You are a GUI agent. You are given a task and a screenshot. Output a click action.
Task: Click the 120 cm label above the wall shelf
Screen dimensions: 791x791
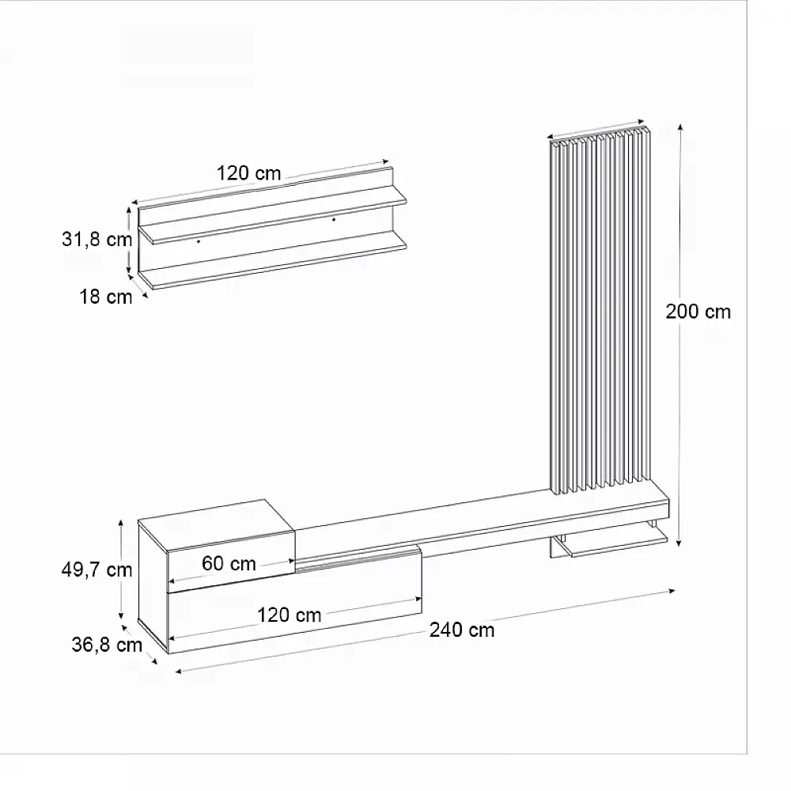249,173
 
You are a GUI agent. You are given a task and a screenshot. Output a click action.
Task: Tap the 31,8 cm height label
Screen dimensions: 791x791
97,240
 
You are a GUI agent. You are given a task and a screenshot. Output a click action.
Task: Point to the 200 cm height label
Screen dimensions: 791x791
698,311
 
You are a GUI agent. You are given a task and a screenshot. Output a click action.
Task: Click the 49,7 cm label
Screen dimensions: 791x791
97,570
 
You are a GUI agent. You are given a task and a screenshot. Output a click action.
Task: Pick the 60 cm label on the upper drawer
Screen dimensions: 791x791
229,563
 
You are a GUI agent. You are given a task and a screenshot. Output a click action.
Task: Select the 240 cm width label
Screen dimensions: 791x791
462,630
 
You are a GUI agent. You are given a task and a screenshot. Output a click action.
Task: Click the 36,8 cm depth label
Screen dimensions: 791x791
107,645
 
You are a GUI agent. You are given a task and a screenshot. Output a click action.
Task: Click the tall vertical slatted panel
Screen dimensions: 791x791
599,316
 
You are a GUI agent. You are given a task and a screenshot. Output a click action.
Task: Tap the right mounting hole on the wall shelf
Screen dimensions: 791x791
334,219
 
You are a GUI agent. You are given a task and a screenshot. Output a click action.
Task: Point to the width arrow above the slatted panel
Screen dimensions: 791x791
599,131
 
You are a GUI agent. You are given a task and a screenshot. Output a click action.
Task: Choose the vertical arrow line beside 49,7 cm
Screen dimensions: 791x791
121,570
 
